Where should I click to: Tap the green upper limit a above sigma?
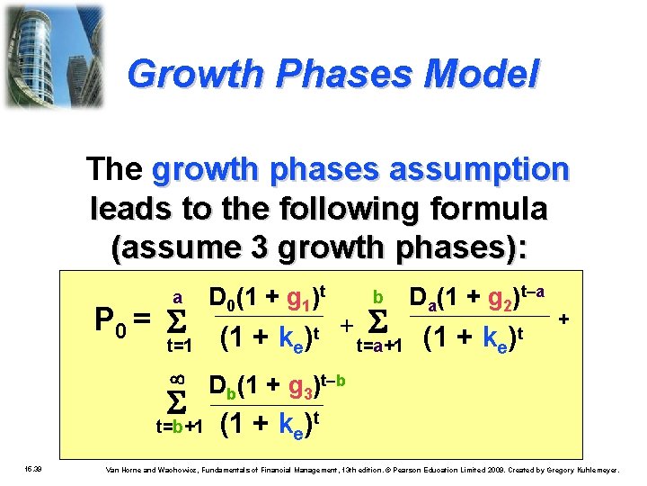[x=178, y=296]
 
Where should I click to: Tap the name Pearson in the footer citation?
[x=419, y=470]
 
